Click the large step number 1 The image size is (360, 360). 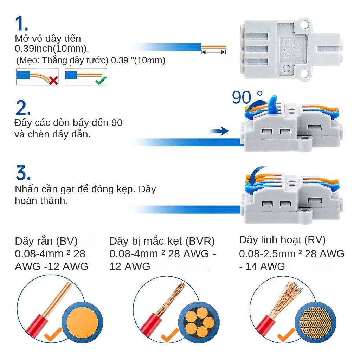21,24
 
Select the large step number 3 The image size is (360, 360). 23,172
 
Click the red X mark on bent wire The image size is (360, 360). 53,81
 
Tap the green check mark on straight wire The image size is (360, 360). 101,81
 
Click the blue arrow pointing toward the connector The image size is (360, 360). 219,131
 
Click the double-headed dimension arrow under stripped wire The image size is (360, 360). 213,52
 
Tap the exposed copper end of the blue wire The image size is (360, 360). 213,47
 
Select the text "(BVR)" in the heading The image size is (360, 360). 200,241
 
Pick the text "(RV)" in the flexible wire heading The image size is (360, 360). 315,240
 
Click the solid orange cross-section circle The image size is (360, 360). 82,323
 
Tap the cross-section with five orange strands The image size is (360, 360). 199,323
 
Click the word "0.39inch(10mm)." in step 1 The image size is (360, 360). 52,49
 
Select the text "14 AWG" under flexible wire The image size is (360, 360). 265,266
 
